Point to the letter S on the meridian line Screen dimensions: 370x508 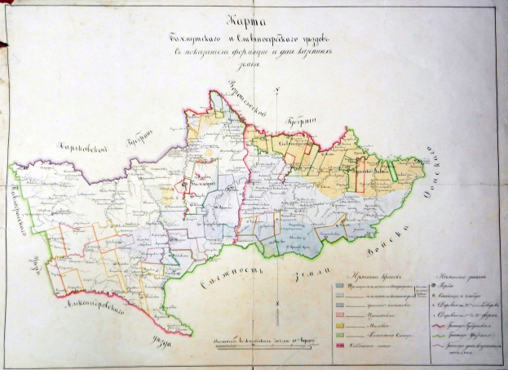278,305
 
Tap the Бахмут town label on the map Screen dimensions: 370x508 198,186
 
